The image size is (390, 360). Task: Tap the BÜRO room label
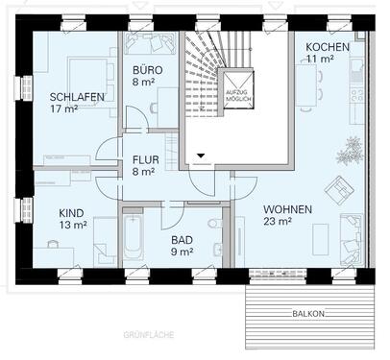(x=148, y=71)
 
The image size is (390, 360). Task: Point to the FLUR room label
(x=145, y=161)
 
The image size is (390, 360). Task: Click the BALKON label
(x=309, y=314)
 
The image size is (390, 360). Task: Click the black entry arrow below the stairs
(x=201, y=153)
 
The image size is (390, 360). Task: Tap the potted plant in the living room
(x=353, y=149)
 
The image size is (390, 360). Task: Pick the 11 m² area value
(x=321, y=60)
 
